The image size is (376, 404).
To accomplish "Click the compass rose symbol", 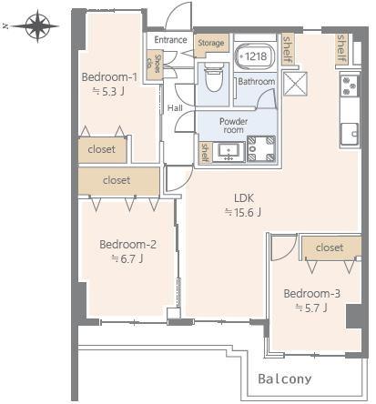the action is [37, 26].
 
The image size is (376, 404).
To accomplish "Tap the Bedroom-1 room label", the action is [109, 77].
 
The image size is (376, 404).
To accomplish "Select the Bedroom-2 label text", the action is [127, 245].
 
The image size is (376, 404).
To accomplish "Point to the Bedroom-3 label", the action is [311, 294].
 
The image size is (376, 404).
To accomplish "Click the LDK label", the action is [244, 198].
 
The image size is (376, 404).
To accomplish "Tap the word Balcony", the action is [285, 379].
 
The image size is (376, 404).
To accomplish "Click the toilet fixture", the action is [213, 77].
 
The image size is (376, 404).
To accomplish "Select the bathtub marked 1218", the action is [255, 56].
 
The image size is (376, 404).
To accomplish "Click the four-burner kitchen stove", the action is [349, 86].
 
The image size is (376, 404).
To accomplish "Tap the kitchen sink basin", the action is [350, 134].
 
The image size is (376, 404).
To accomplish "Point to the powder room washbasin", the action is [229, 152].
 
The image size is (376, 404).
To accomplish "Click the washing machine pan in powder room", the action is [261, 148].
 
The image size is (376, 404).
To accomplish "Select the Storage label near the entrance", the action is [211, 43].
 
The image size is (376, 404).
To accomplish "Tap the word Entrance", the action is [170, 40].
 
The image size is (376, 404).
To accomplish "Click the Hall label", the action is [175, 108].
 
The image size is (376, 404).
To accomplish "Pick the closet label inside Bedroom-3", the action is [330, 247].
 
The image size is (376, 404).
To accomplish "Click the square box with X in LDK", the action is [295, 84].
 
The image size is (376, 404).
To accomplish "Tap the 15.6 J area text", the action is [243, 212].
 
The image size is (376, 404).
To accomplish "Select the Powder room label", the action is [233, 126].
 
